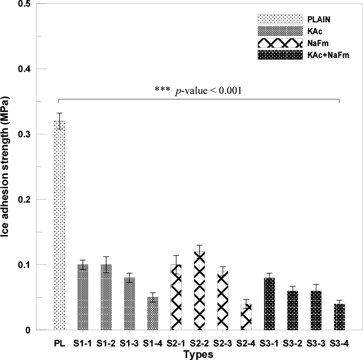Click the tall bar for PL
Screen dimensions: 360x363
[x=59, y=225]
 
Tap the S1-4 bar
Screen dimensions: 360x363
[x=153, y=314]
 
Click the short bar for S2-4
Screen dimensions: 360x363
[x=246, y=317]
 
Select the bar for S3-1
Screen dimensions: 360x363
[x=269, y=304]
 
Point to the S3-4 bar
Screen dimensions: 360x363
[x=339, y=317]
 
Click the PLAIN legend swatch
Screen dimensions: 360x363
[x=280, y=19]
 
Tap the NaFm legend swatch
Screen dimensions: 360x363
[x=280, y=43]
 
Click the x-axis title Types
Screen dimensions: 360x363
[x=199, y=354]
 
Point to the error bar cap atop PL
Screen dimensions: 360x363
[x=59, y=113]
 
